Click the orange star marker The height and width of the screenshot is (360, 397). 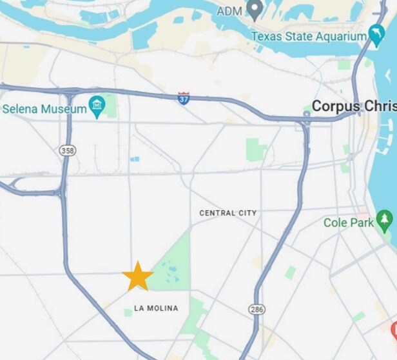pos(137,276)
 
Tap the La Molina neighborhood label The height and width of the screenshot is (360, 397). pos(156,308)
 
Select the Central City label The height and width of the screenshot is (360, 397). pos(228,213)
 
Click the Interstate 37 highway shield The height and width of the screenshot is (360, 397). pos(184,99)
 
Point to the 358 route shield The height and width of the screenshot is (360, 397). pos(66,150)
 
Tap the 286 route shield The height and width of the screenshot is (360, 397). pos(257,310)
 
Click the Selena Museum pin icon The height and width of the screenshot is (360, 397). pos(97,107)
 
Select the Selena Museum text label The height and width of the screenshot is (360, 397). pos(44,109)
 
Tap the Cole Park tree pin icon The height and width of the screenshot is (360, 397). pos(385,221)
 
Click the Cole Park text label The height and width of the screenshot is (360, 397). pos(348,223)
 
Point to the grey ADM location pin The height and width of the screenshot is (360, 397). pos(255,10)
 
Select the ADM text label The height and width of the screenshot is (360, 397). pos(229,11)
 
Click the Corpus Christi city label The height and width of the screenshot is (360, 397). pos(353,106)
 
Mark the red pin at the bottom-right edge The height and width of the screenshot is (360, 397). pos(394,330)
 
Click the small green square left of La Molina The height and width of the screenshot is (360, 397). pos(128,313)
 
